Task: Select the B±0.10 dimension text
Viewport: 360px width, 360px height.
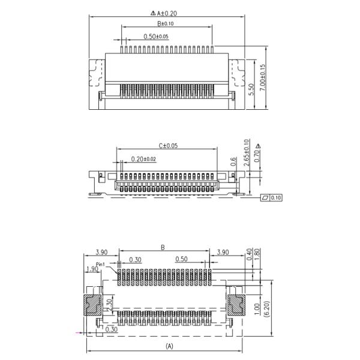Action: pyautogui.click(x=166, y=24)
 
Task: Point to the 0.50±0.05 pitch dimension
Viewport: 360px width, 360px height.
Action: pyautogui.click(x=156, y=37)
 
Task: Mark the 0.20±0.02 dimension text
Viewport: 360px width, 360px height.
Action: pyautogui.click(x=143, y=158)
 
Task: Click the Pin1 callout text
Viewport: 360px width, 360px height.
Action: pyautogui.click(x=101, y=264)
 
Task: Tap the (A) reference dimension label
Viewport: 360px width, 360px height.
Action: pyautogui.click(x=169, y=346)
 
